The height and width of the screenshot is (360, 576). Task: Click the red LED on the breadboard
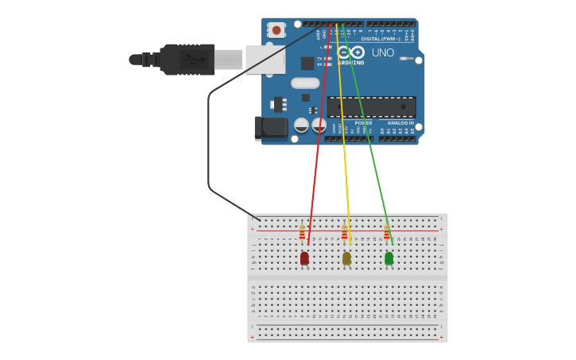(x=304, y=257)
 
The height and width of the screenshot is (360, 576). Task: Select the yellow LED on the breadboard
(x=346, y=257)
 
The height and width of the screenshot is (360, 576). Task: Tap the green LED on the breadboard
(x=389, y=257)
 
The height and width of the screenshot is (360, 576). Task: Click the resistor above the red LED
(x=302, y=232)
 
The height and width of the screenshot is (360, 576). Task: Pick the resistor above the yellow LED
(x=344, y=232)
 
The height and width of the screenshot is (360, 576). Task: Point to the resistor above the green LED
(x=387, y=232)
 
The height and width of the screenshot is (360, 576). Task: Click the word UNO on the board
(x=383, y=52)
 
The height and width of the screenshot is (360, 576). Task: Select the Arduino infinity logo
(x=350, y=52)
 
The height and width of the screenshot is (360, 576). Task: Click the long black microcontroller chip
(x=371, y=106)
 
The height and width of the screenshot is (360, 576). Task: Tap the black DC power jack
(x=270, y=128)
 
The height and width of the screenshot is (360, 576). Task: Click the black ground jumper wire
(x=210, y=143)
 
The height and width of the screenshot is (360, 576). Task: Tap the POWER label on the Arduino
(x=363, y=123)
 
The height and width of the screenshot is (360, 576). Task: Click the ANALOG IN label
(x=401, y=123)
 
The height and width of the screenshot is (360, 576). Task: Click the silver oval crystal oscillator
(x=305, y=83)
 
